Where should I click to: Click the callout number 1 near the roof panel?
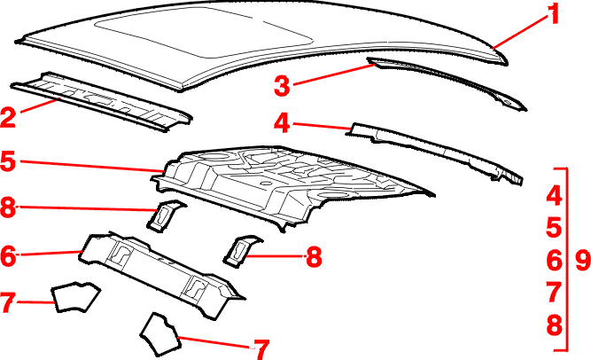pyautogui.click(x=554, y=14)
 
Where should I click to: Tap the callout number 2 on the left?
pyautogui.click(x=8, y=117)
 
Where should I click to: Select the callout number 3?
pyautogui.click(x=282, y=85)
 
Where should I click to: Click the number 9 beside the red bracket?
pyautogui.click(x=583, y=260)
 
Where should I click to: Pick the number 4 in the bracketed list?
pyautogui.click(x=554, y=195)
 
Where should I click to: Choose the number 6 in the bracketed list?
pyautogui.click(x=554, y=260)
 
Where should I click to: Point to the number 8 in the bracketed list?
pyautogui.click(x=554, y=325)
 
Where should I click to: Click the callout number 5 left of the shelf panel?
pyautogui.click(x=8, y=160)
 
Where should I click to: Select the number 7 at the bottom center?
pyautogui.click(x=261, y=349)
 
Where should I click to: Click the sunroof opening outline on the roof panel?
pyautogui.click(x=204, y=33)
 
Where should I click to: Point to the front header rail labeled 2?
pyautogui.click(x=101, y=101)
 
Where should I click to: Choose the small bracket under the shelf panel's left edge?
pyautogui.click(x=165, y=215)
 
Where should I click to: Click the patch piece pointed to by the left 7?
pyautogui.click(x=75, y=297)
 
